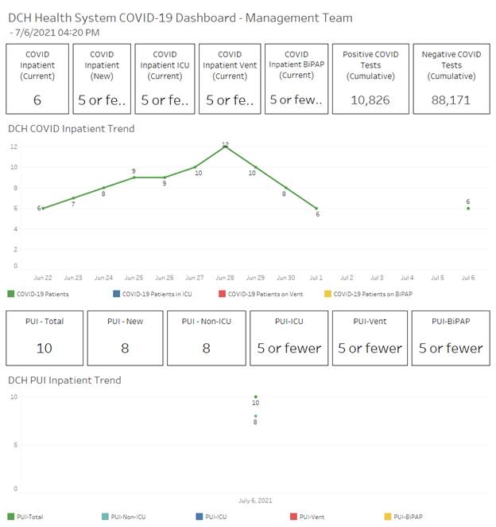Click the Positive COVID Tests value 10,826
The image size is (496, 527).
364,100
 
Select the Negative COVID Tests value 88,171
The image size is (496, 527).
451,100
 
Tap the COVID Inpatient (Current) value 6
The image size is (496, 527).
37,100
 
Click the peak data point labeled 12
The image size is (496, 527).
226,146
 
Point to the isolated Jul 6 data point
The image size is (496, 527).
468,208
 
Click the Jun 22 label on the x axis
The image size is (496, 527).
43,278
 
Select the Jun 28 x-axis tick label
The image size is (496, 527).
225,278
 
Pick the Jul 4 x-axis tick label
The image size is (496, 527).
407,278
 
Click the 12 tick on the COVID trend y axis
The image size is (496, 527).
14,146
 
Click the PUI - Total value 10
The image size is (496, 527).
45,348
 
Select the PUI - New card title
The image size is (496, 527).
126,322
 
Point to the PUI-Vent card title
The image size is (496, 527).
370,322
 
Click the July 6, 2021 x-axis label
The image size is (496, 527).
255,501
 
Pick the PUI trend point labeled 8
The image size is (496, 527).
255,416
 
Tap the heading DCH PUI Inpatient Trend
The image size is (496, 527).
64,381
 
